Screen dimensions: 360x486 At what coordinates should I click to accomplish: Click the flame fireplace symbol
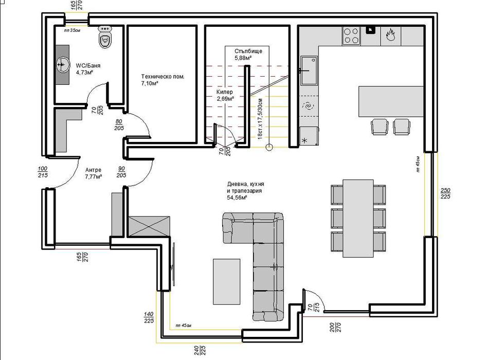pos(389,35)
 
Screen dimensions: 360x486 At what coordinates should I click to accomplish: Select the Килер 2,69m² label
pos(225,95)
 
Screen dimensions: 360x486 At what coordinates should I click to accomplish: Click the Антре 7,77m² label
pos(93,173)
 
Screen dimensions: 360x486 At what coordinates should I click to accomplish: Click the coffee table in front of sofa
pos(226,281)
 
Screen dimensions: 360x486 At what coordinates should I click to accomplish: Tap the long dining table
pos(358,218)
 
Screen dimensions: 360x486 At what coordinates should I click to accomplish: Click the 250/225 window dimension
pos(446,194)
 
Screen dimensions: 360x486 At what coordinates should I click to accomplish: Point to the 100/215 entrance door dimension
pos(43,172)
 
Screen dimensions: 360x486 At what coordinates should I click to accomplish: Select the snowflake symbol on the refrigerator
pos(304,140)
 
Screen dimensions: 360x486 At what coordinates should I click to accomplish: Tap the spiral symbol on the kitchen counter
pos(309,106)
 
